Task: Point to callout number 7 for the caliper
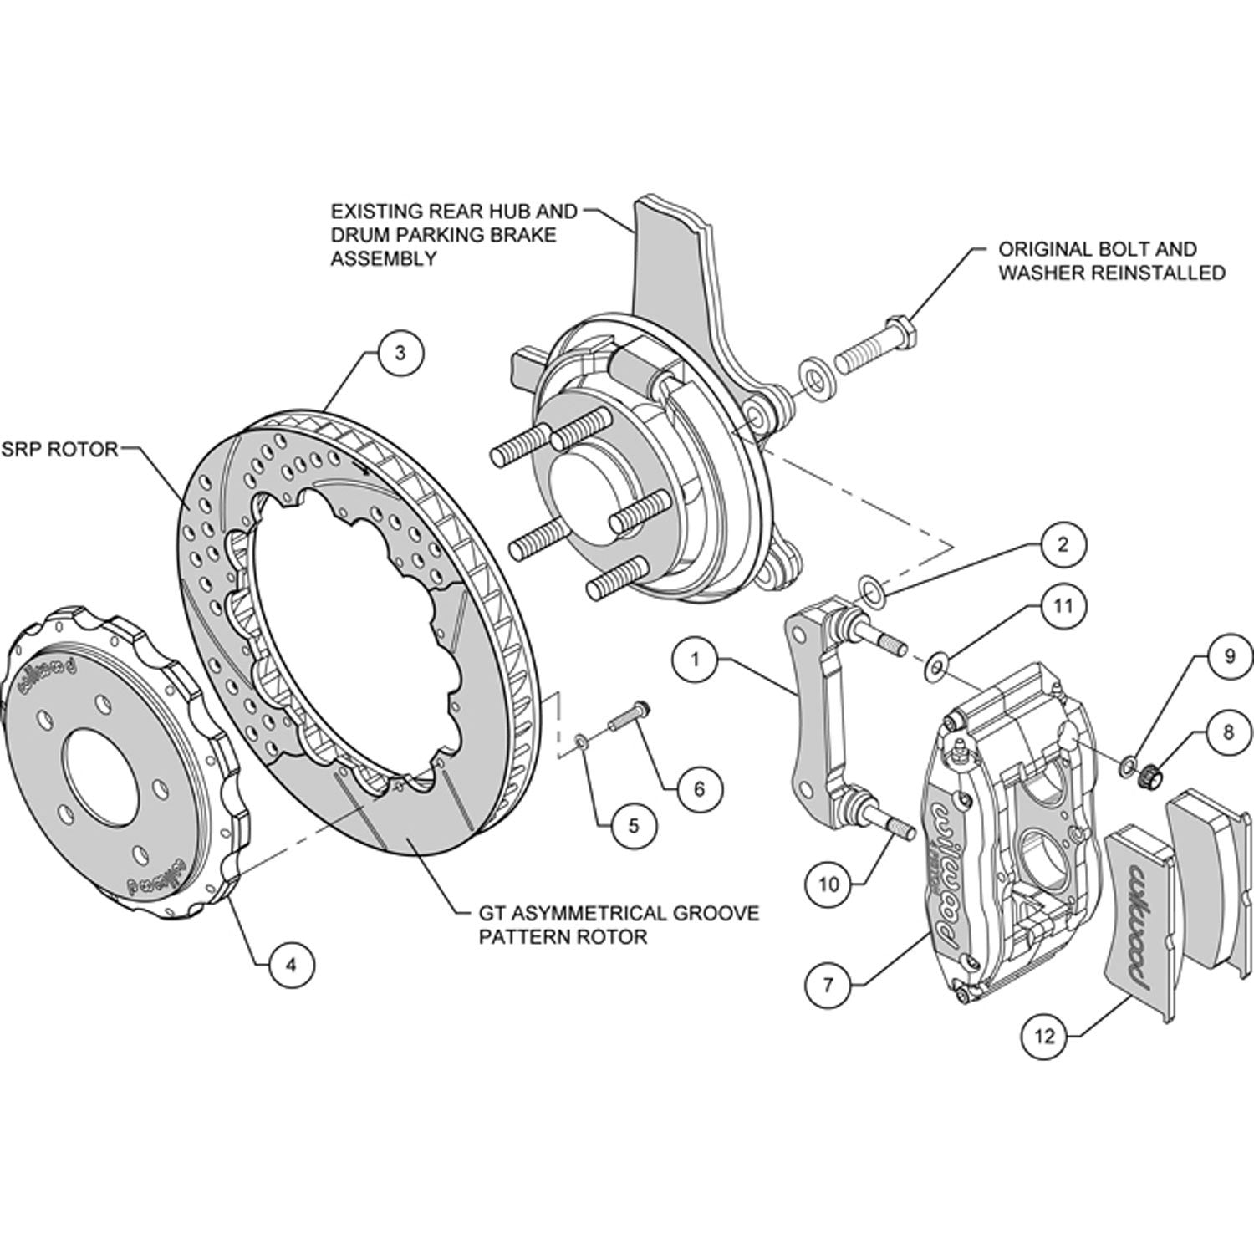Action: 828,984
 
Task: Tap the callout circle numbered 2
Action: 1062,545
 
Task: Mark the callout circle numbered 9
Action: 1229,656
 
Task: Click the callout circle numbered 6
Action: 699,788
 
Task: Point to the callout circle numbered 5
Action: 633,826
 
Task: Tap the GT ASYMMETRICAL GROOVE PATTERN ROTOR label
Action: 619,924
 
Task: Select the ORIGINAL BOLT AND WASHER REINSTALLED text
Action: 1112,261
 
